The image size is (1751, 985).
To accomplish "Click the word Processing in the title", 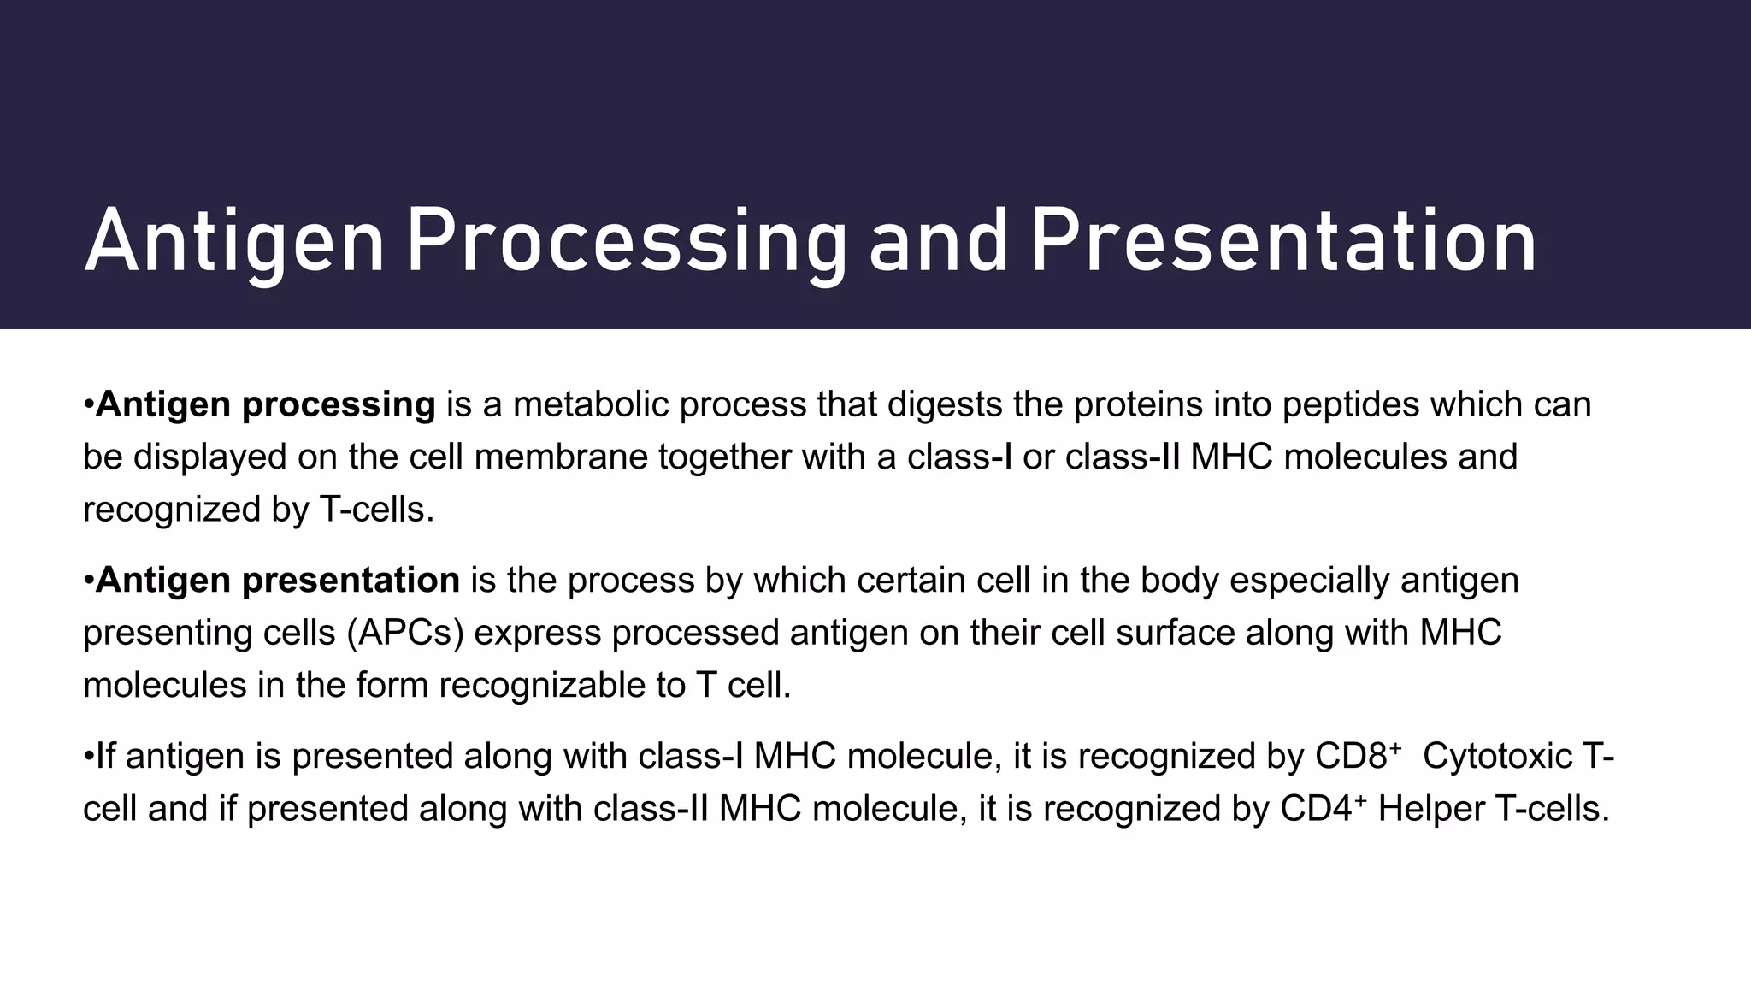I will click(626, 244).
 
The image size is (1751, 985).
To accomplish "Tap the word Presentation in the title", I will click(1282, 244).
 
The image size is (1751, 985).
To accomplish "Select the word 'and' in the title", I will click(938, 244).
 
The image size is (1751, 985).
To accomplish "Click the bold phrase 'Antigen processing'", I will click(265, 404).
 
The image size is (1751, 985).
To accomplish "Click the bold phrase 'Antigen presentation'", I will click(277, 581).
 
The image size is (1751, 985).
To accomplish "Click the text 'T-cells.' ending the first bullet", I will click(376, 510).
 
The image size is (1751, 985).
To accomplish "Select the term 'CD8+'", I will click(1356, 757).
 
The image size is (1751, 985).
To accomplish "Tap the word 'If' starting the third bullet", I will click(104, 757).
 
